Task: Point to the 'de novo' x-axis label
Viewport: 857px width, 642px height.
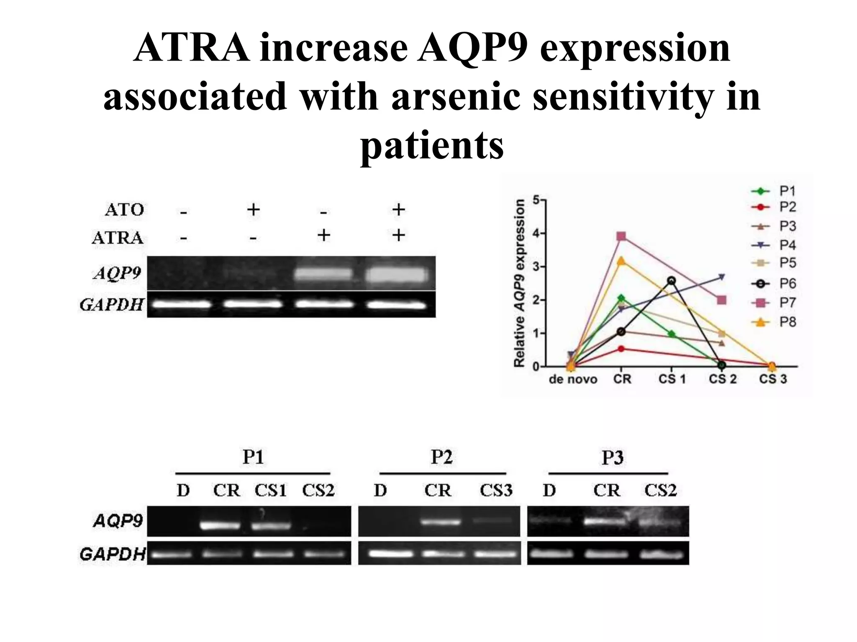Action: click(572, 380)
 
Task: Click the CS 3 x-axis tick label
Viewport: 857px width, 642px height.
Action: click(772, 379)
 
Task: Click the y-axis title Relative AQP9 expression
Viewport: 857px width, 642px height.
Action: click(519, 283)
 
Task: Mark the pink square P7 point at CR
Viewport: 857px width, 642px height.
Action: click(621, 237)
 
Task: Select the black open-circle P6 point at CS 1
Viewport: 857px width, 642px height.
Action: click(672, 280)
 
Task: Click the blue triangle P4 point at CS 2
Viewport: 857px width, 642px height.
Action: click(721, 277)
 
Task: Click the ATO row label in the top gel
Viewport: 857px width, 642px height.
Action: click(124, 209)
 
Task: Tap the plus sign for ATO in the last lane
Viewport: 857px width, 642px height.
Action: click(398, 209)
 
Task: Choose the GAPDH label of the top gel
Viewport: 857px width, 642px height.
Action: click(112, 305)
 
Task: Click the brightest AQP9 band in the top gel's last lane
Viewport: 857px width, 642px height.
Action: click(397, 275)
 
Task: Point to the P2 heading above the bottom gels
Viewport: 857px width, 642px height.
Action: click(441, 457)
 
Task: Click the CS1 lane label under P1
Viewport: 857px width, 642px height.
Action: click(270, 490)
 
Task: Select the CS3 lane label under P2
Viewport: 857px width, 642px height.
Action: click(496, 490)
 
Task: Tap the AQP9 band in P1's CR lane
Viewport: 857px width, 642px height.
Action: click(221, 525)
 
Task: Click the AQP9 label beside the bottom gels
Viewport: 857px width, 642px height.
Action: click(118, 521)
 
